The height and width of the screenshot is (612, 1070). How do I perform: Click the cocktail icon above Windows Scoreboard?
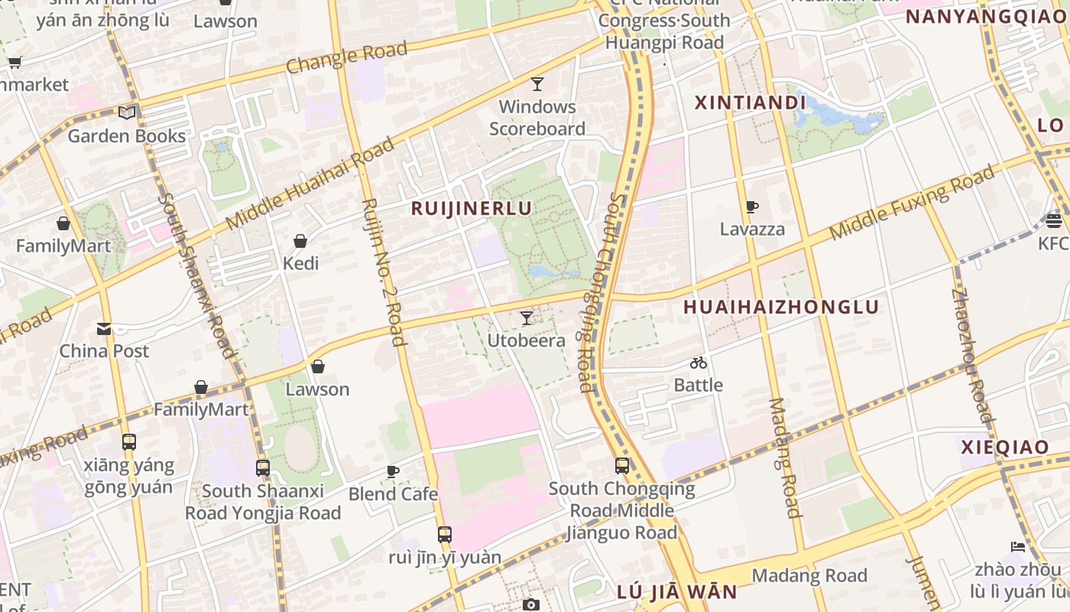pyautogui.click(x=537, y=83)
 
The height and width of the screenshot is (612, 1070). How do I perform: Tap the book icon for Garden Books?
pyautogui.click(x=127, y=113)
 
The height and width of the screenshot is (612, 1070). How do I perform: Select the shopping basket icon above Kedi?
pyautogui.click(x=300, y=241)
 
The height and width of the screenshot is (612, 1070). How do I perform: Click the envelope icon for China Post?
pyautogui.click(x=104, y=329)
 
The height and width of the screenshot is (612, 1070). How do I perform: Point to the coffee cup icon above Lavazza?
pyautogui.click(x=752, y=207)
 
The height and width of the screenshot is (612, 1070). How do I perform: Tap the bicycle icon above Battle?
pyautogui.click(x=699, y=363)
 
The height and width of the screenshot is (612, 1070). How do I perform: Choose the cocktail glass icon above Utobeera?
pyautogui.click(x=526, y=318)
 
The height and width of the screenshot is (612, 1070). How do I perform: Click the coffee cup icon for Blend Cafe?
pyautogui.click(x=393, y=471)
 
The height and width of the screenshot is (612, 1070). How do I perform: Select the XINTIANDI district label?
pyautogui.click(x=750, y=103)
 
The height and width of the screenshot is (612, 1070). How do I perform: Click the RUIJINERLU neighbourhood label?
pyautogui.click(x=472, y=208)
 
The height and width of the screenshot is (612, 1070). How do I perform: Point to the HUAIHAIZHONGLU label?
pyautogui.click(x=781, y=308)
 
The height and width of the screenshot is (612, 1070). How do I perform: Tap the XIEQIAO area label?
pyautogui.click(x=1004, y=448)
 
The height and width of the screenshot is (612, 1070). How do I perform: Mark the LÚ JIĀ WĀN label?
pyautogui.click(x=676, y=591)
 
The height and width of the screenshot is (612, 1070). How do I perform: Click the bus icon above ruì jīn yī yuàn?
pyautogui.click(x=445, y=535)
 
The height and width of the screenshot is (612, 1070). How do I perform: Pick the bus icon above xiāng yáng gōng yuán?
pyautogui.click(x=129, y=442)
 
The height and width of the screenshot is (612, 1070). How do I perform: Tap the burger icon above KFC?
pyautogui.click(x=1054, y=221)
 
